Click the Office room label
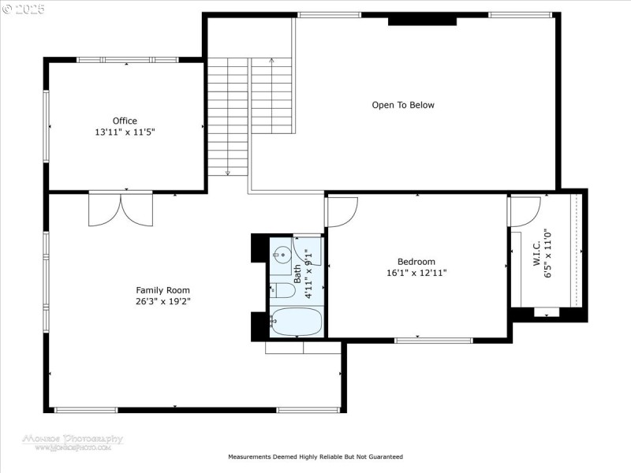pos(125,121)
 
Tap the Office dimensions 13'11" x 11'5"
pos(125,132)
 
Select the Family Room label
pos(162,290)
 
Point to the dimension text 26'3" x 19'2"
pos(162,301)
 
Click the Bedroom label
pos(416,262)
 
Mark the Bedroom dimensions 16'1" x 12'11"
pos(416,273)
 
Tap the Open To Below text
pos(403,105)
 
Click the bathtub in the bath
pos(296,322)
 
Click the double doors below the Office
pos(120,209)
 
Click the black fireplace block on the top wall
pos(422,20)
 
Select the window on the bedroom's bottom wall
pos(444,341)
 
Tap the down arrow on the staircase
pos(228,171)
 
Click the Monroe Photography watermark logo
pos(62,441)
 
